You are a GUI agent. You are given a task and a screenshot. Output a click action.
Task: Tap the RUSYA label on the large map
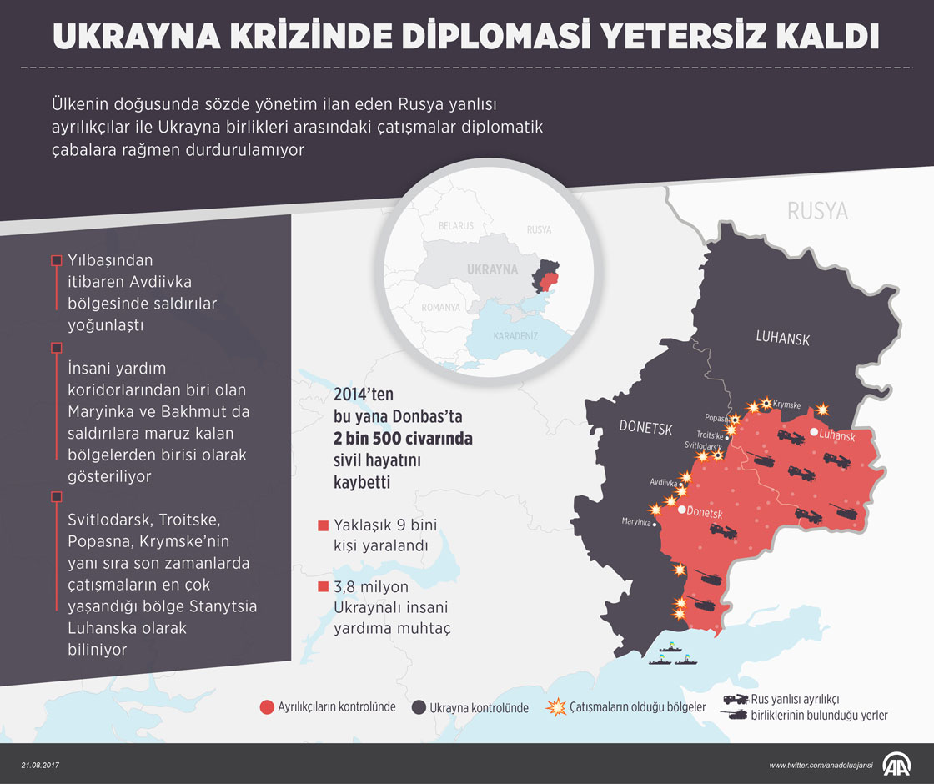pyautogui.click(x=816, y=211)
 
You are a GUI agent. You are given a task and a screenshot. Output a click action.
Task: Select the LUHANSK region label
pyautogui.click(x=782, y=338)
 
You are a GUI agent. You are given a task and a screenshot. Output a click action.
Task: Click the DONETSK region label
pyautogui.click(x=645, y=427)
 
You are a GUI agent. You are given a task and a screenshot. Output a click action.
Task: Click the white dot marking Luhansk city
pyautogui.click(x=813, y=432)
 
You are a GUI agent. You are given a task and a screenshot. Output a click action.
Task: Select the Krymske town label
pyautogui.click(x=786, y=405)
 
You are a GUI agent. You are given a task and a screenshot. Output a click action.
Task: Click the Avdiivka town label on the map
pyautogui.click(x=664, y=482)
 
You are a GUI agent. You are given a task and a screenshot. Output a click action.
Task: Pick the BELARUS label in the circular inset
pyautogui.click(x=455, y=226)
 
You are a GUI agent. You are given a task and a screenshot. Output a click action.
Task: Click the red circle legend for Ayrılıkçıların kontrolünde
pyautogui.click(x=267, y=707)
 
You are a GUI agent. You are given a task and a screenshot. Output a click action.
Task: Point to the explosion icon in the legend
pyautogui.click(x=554, y=707)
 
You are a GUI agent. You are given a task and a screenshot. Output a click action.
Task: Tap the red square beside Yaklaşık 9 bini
pyautogui.click(x=323, y=526)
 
